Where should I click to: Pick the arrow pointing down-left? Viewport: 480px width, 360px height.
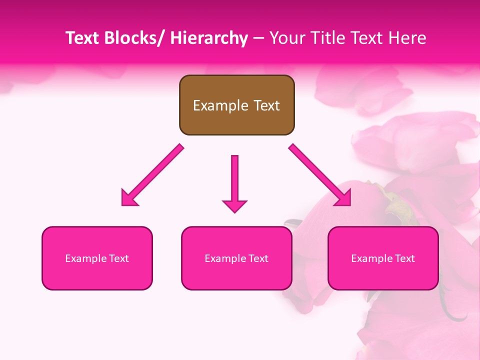click(152, 175)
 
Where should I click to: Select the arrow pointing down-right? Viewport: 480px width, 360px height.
click(320, 175)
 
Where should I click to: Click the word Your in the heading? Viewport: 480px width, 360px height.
click(287, 38)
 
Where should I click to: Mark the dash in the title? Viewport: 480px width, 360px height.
click(258, 38)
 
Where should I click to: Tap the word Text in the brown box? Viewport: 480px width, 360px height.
click(265, 105)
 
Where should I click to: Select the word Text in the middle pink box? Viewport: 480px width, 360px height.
click(258, 258)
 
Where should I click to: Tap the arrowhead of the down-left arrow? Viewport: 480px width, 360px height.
click(128, 198)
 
